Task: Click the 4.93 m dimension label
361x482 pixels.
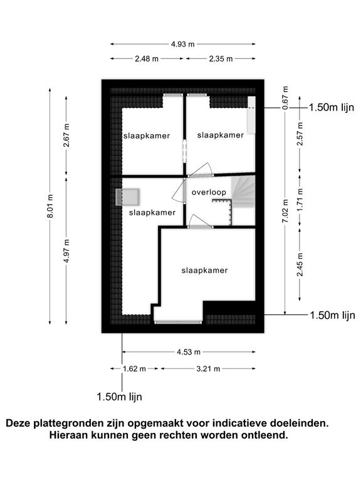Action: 182,44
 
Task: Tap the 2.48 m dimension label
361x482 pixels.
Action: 147,58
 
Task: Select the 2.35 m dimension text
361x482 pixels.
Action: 221,58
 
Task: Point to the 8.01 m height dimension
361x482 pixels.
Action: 50,206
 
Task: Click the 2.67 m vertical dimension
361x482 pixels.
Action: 66,135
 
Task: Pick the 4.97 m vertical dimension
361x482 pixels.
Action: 66,251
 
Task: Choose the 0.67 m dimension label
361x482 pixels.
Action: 285,97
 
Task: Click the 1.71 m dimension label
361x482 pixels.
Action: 300,199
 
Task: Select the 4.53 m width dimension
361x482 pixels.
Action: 189,351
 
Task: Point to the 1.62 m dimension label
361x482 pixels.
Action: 134,368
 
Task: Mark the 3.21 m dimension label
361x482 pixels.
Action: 208,368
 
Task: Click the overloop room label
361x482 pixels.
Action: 209,192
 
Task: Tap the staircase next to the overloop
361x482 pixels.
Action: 244,191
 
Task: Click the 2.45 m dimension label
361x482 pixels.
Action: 300,264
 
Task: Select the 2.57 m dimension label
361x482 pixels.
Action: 300,134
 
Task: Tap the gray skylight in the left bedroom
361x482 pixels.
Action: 128,197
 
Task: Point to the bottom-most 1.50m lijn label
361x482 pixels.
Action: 120,397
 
